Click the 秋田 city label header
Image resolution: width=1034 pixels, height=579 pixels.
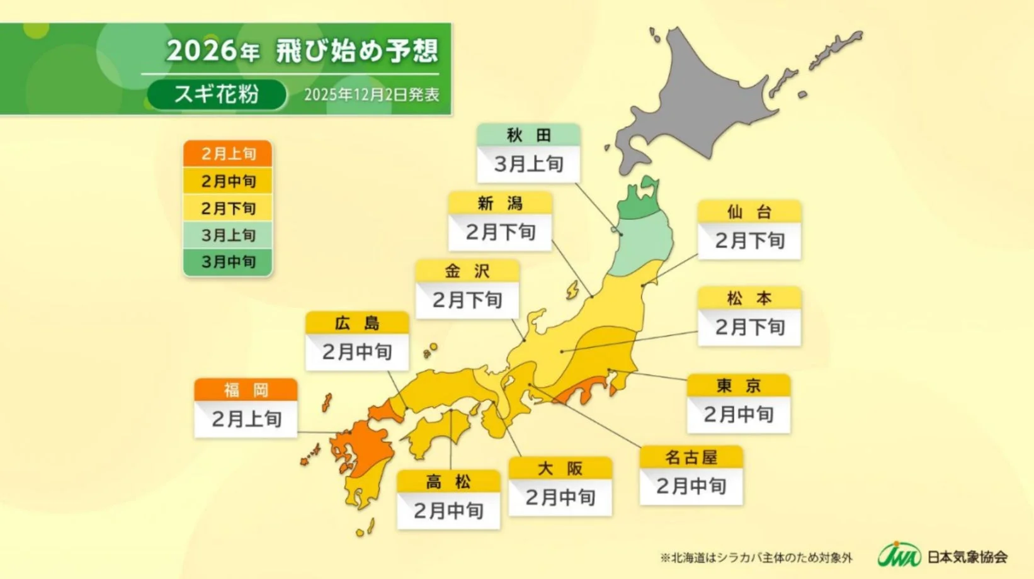[x=528, y=135]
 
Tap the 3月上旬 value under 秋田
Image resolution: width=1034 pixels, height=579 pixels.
[x=528, y=164]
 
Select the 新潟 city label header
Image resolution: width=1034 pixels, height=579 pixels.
[x=500, y=203]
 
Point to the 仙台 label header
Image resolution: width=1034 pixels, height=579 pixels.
[x=749, y=211]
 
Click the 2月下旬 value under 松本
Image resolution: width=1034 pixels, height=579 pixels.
[x=749, y=327]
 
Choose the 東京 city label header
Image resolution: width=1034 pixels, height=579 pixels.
[x=738, y=385]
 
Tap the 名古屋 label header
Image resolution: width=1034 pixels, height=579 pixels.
[x=691, y=457]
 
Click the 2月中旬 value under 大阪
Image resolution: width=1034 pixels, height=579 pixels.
[x=560, y=498]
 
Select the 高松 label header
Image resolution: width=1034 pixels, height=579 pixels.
[x=448, y=482]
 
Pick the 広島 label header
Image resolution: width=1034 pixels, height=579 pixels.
[x=357, y=323]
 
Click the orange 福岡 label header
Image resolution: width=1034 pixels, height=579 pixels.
[x=246, y=390]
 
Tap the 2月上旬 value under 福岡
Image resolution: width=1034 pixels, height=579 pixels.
[x=246, y=419]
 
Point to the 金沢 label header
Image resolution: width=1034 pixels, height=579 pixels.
[x=467, y=271]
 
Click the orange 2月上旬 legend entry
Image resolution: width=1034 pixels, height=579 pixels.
[x=228, y=154]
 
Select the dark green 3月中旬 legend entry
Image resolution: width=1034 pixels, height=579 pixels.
[x=228, y=262]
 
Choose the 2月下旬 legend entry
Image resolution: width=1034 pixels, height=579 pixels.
[x=228, y=208]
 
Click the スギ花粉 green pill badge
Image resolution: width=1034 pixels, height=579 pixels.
[x=216, y=94]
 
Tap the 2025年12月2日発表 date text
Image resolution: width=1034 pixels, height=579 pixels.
[x=371, y=95]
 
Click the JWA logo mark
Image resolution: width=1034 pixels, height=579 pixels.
[x=899, y=556]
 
